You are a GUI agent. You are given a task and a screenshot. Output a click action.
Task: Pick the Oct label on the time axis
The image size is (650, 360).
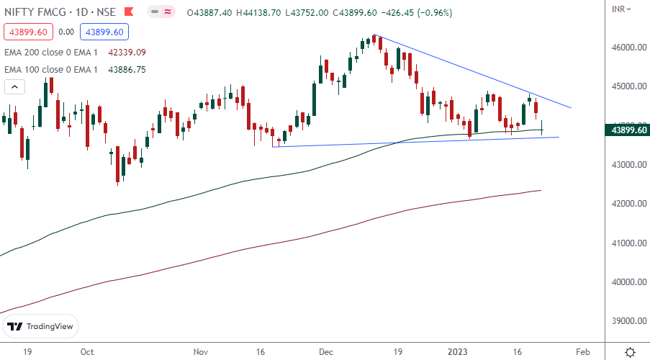click(x=87, y=352)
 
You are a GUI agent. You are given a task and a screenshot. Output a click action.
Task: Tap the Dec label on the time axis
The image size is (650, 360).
click(x=326, y=352)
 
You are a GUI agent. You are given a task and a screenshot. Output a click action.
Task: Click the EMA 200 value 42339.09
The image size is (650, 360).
click(x=127, y=52)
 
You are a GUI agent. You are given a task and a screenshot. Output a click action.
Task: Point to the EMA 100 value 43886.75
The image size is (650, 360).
click(x=127, y=70)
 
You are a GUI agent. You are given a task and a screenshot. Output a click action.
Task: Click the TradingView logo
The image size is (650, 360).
click(x=41, y=326)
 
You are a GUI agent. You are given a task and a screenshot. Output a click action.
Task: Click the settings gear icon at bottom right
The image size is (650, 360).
click(x=630, y=351)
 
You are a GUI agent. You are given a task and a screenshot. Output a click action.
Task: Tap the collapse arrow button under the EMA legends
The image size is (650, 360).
click(x=14, y=87)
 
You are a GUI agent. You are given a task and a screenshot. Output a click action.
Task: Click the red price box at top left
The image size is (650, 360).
click(x=27, y=32)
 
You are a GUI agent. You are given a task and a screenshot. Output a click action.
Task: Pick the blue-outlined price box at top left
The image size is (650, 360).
click(x=103, y=32)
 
